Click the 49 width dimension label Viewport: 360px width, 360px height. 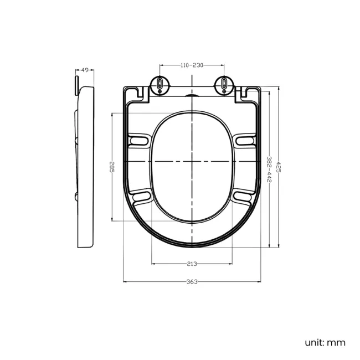[x=85, y=70]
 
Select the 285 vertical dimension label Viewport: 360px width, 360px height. [x=112, y=167]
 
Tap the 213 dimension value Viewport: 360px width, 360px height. [x=192, y=264]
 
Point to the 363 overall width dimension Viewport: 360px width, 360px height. [x=192, y=282]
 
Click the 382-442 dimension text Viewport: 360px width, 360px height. [x=269, y=169]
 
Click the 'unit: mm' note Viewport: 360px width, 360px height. [x=325, y=342]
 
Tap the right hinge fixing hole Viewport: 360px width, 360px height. [x=224, y=84]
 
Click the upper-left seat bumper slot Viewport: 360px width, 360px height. [x=138, y=140]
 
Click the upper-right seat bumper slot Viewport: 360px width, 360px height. [x=245, y=140]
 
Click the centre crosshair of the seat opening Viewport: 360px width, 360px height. [x=192, y=161]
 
